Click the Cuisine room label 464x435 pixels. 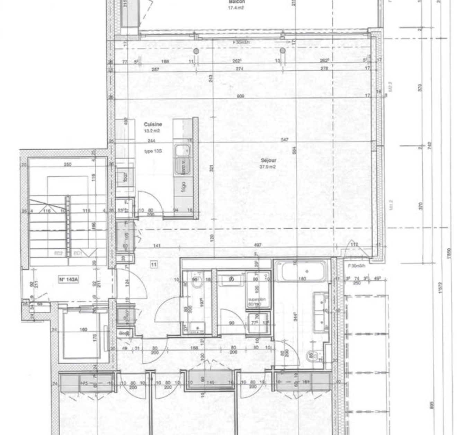coord(153,124)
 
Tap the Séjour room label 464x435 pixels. coord(268,160)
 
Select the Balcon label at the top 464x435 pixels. coord(237,2)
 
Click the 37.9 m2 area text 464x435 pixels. coord(268,167)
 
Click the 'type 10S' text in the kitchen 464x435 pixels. coord(153,151)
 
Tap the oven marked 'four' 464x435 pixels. coord(125,177)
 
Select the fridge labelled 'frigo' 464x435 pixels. coord(183,187)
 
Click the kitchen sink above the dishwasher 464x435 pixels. coord(182,151)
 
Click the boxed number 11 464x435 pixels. coord(154,265)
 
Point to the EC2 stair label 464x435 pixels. coord(59,254)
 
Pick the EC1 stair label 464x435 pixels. coord(78,254)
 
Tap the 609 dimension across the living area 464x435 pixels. coord(241,96)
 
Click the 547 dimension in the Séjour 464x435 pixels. coord(285,140)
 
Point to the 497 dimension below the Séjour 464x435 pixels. coord(258,245)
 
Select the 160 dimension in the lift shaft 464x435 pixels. coord(83,330)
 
